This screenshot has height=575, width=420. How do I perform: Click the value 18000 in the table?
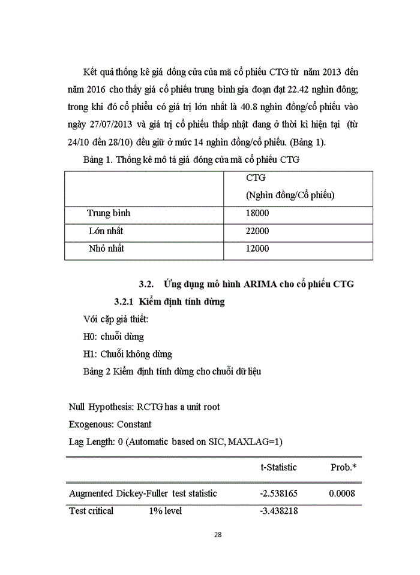tap(257, 213)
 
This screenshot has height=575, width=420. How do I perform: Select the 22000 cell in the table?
tap(257, 231)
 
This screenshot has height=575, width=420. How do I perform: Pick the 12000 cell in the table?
tap(257, 249)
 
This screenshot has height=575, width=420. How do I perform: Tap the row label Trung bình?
tap(109, 213)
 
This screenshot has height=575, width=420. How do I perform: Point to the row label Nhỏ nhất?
tap(107, 249)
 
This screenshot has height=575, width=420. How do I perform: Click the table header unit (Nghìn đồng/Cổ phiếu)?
tap(290, 195)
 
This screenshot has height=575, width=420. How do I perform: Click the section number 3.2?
tap(147, 284)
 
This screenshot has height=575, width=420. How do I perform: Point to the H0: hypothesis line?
tap(113, 337)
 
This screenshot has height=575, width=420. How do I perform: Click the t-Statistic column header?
tap(278, 467)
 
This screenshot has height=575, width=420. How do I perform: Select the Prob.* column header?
tap(344, 467)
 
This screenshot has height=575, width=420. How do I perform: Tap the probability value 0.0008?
tap(342, 494)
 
